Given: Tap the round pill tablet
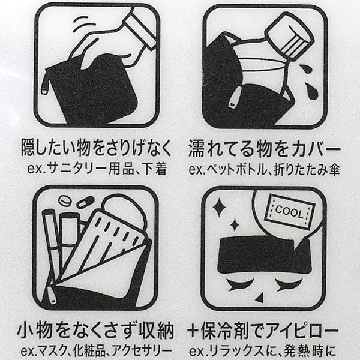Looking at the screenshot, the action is point(65,202).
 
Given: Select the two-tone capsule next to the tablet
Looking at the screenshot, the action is point(85,202).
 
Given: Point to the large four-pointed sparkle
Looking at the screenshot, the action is point(218,208).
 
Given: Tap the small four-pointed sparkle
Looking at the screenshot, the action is point(235,225).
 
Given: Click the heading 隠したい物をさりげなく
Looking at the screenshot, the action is point(96,148).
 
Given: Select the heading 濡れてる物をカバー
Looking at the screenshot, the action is point(264,148).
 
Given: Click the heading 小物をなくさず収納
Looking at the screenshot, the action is point(95,331).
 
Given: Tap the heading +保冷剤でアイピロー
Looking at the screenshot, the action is point(263,331).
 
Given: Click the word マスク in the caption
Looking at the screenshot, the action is point(52,351).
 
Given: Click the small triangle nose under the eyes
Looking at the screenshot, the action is point(260,298).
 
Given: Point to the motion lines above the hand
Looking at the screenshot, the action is point(84,23).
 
